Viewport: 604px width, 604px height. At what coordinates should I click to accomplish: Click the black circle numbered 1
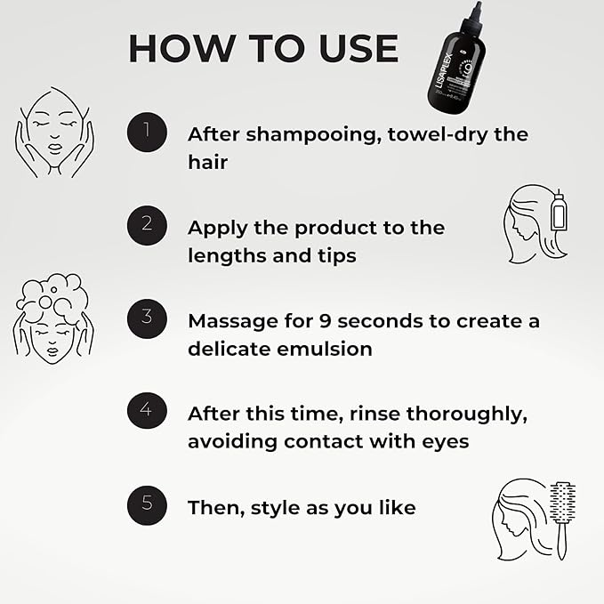click(x=147, y=133)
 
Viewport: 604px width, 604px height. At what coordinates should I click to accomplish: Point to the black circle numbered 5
click(x=147, y=504)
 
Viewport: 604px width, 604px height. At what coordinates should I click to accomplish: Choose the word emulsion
click(x=328, y=349)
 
